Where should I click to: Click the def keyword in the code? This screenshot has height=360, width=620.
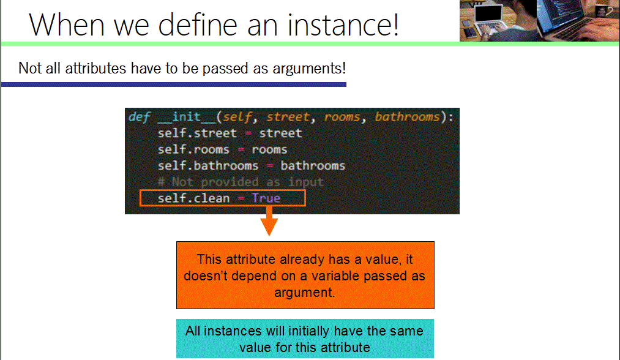point(139,117)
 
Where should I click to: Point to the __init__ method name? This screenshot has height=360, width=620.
point(187,117)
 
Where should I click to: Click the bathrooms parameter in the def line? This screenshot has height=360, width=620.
point(407,117)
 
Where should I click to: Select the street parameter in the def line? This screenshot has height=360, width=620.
point(288,117)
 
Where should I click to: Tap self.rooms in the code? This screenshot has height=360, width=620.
point(193,149)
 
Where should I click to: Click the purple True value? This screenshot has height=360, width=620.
point(266,198)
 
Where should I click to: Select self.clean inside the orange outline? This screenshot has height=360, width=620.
point(193,198)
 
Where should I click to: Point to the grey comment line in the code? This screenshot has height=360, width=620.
point(241,182)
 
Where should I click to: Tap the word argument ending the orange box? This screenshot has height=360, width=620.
point(304,293)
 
